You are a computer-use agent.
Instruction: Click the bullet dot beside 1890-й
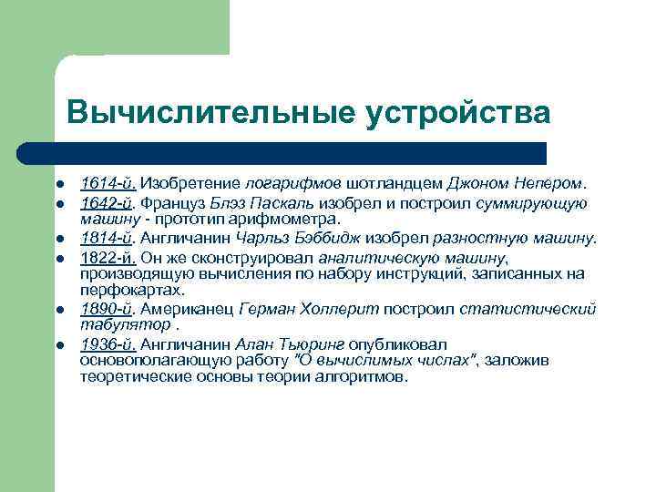[x=57, y=310]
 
